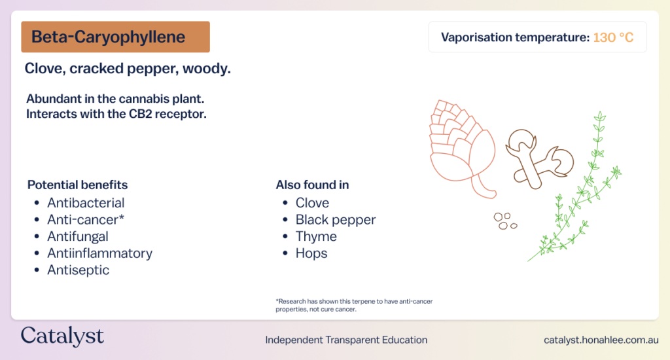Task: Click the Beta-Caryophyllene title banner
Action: coord(115,37)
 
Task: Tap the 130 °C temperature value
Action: coord(613,37)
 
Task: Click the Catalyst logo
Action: coord(62,336)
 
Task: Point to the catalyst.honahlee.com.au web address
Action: coord(601,340)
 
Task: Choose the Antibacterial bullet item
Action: coord(86,203)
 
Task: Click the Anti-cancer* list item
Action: coord(86,219)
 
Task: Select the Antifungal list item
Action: coord(78,236)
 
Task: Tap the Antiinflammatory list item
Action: coord(99,253)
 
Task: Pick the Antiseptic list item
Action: coord(79,270)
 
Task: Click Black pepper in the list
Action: coord(336,219)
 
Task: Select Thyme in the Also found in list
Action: coord(316,236)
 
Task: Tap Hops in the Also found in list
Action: coord(311,253)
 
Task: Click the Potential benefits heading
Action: coord(77,185)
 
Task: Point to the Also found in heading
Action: coord(312,185)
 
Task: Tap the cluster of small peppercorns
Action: coord(505,221)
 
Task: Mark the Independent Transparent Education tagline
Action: coord(346,340)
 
